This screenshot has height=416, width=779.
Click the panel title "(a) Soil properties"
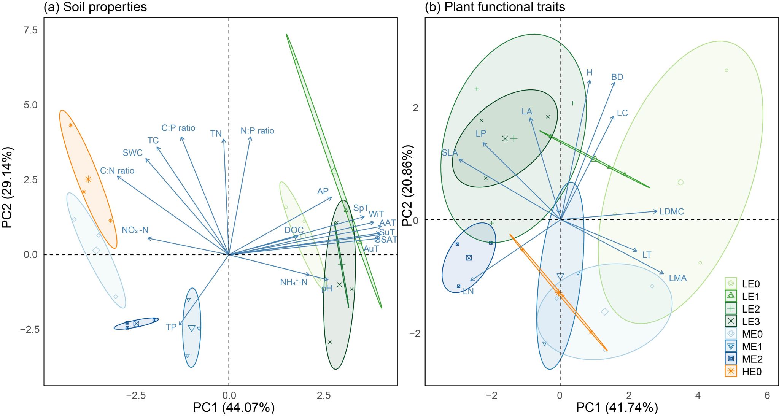(95, 7)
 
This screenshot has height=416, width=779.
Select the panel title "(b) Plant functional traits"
(495, 7)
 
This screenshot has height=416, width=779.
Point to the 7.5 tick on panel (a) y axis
(30, 30)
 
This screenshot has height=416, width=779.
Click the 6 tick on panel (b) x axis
(767, 395)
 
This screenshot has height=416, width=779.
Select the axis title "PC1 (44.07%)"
(234, 408)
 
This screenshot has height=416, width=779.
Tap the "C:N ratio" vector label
(117, 171)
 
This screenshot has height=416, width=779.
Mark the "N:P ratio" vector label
(257, 131)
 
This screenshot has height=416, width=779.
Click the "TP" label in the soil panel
(171, 327)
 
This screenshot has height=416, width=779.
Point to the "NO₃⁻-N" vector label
(135, 230)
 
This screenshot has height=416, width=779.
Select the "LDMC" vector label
(672, 211)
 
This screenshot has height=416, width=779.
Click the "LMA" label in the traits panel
(678, 278)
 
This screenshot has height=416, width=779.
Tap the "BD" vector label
(617, 77)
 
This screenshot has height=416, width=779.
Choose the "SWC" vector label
(133, 153)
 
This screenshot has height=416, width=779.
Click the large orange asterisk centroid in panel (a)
(88, 179)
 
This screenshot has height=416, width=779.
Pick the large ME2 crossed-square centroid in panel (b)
(469, 258)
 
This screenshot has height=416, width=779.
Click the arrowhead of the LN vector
(471, 281)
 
